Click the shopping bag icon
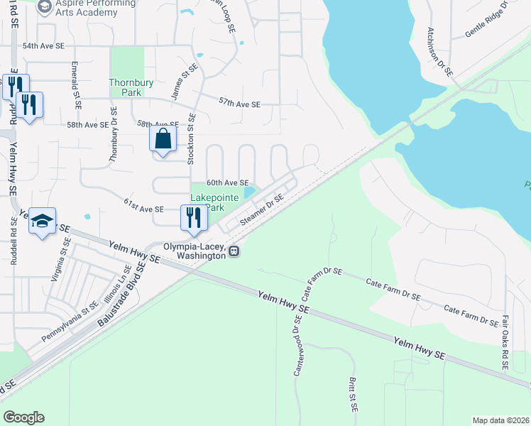pos(163,138)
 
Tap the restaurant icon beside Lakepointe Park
pos(192,217)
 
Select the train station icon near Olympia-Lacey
pos(234,250)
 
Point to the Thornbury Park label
pos(131,87)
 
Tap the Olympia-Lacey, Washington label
pos(195,251)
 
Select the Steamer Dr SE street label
pos(261,212)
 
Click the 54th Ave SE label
pos(43,45)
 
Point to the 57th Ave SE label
pos(239,104)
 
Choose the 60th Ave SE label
pos(227,182)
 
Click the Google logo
pos(23,417)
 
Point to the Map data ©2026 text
pos(500,420)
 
